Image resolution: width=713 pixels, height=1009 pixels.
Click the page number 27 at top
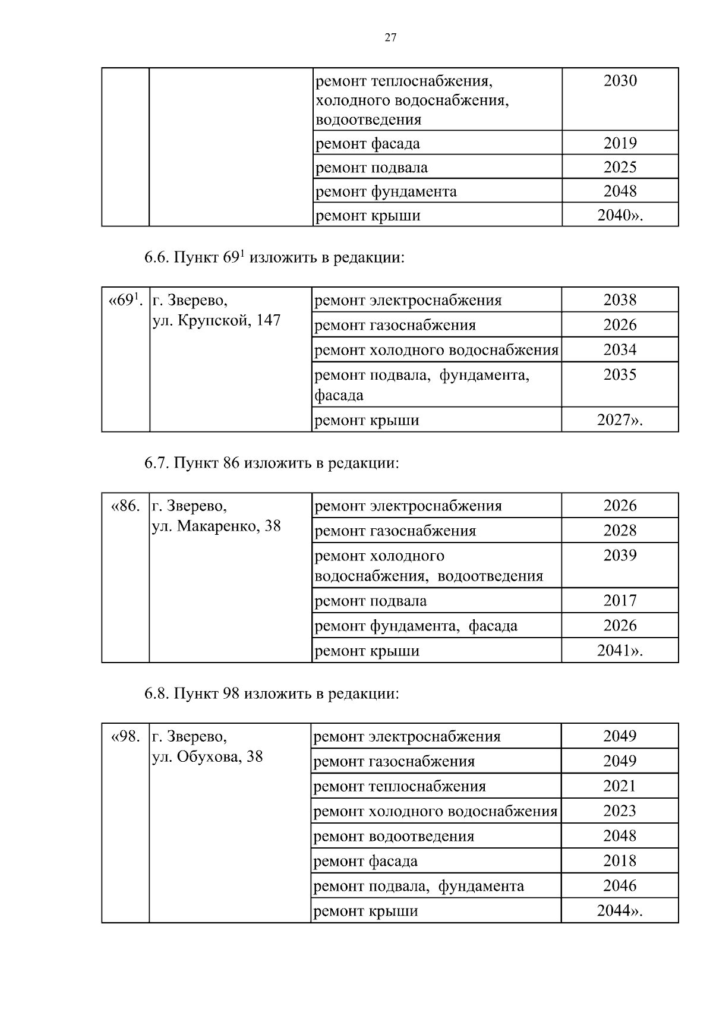tap(390, 38)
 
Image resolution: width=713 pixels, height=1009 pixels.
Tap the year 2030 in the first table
tap(620, 81)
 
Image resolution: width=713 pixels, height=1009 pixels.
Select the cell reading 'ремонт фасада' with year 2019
tap(367, 144)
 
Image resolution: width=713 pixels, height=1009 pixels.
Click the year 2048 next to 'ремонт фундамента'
tap(620, 191)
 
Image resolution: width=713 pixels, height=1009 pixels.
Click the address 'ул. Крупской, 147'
tap(216, 321)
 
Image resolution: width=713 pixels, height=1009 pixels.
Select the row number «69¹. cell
tap(125, 300)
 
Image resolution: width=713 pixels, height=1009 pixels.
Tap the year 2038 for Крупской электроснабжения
tap(620, 300)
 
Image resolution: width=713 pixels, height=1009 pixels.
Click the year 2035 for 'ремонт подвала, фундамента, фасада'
tap(620, 375)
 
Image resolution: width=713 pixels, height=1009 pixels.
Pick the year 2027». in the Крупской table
tap(620, 420)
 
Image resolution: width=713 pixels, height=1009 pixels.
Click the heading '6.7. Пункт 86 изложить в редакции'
tap(272, 463)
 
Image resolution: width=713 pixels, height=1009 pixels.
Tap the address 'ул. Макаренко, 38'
tap(216, 526)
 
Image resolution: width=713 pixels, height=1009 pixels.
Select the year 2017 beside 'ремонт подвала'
tap(620, 601)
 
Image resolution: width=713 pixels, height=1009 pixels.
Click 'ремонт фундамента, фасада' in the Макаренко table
tap(415, 626)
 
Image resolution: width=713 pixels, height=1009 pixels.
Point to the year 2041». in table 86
tap(620, 651)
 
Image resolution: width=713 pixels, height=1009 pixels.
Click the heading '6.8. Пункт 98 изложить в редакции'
tap(272, 693)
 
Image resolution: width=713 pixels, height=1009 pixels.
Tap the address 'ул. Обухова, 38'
tap(207, 757)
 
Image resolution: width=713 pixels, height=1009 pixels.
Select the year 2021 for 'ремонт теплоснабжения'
tap(620, 786)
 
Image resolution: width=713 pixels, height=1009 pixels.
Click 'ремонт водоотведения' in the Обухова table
tap(393, 837)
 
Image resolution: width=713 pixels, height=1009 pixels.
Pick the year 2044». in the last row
tap(620, 911)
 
